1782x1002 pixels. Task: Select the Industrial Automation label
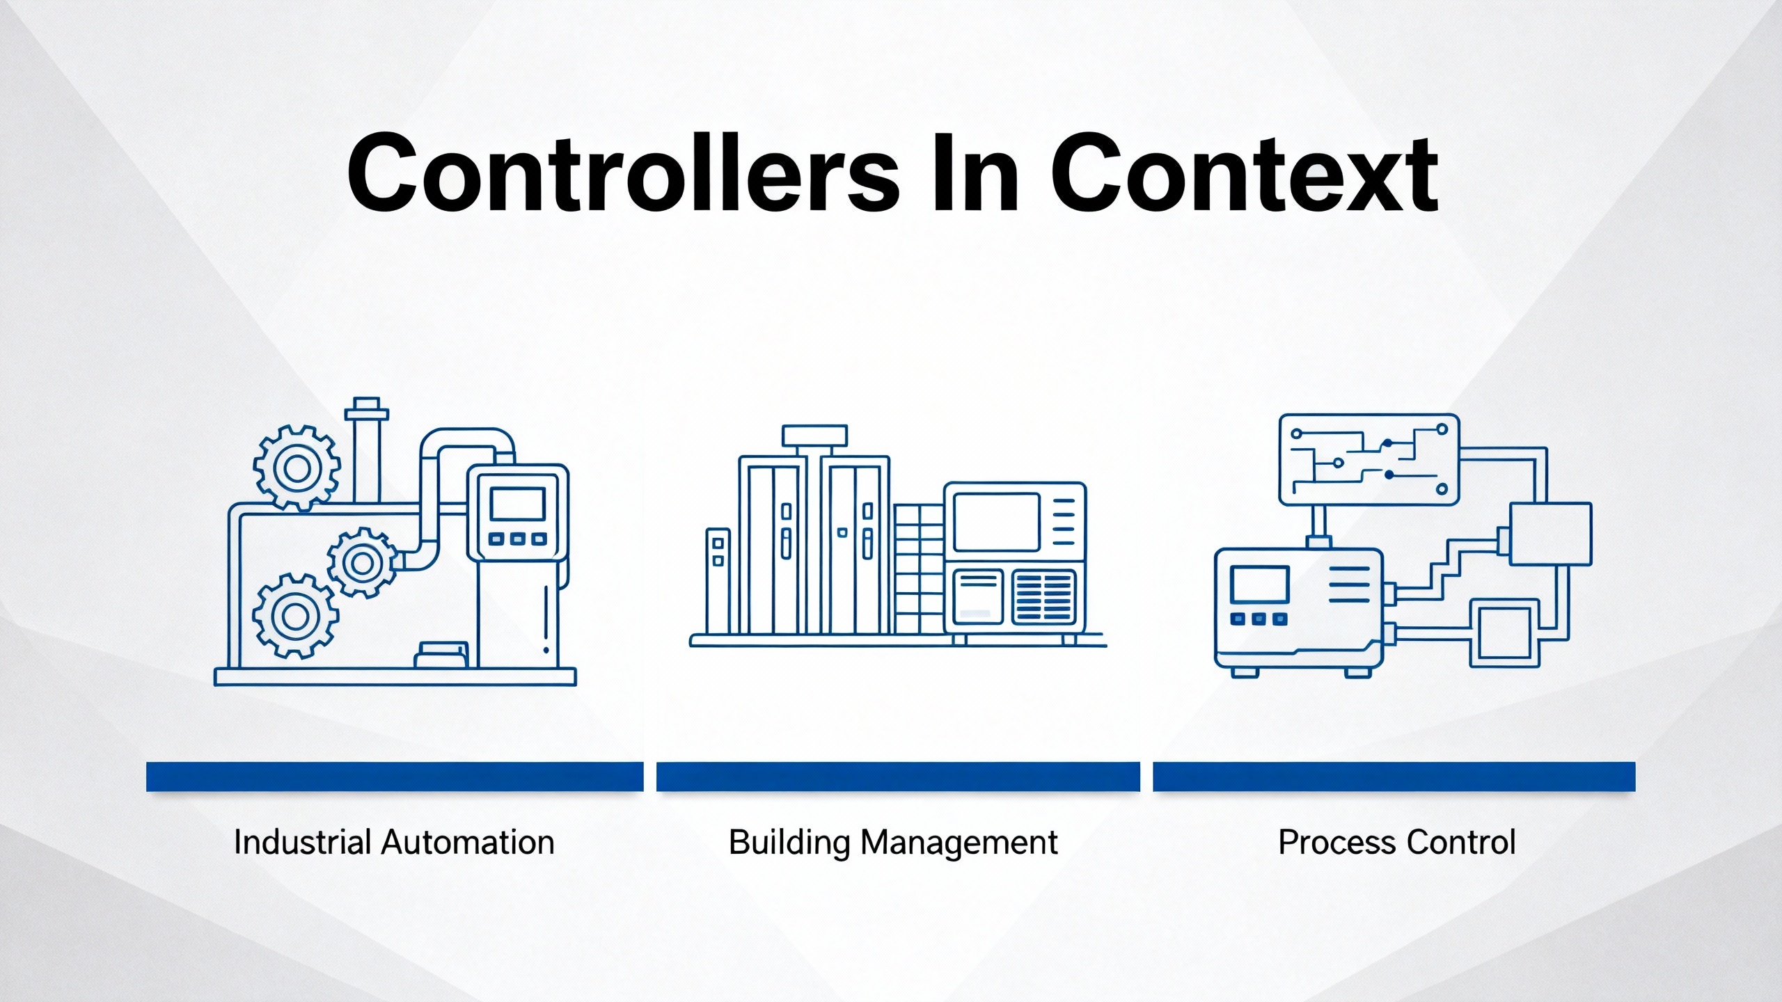[394, 842]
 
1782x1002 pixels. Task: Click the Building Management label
[893, 843]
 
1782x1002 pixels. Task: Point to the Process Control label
[1397, 842]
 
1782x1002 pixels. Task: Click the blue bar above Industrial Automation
[395, 777]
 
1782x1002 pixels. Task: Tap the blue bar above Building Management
[898, 777]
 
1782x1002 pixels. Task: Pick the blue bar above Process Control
[1394, 777]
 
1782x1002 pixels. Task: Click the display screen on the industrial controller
[517, 504]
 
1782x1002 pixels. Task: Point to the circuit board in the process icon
[1369, 460]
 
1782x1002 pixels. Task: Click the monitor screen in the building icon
[996, 522]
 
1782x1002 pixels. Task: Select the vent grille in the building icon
[1044, 596]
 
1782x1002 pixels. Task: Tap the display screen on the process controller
[1259, 584]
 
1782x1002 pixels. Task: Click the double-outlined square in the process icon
[1504, 634]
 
